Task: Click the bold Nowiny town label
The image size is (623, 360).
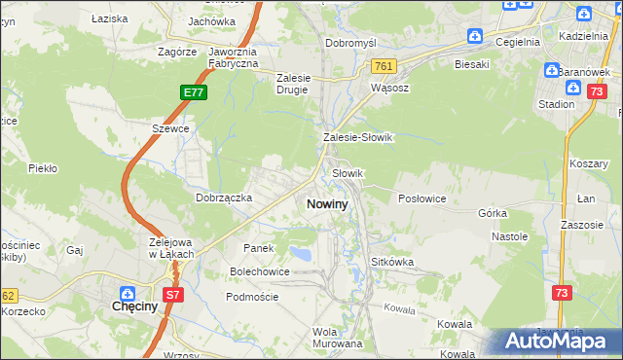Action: [x=326, y=204]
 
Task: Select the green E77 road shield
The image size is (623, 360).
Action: [x=193, y=92]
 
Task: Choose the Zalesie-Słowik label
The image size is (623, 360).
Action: [x=357, y=137]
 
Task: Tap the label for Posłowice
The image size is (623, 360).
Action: [x=421, y=198]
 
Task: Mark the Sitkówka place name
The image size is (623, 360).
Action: [x=393, y=262]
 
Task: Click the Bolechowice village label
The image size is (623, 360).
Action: [x=259, y=271]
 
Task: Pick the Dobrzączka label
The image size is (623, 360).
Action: [x=224, y=198]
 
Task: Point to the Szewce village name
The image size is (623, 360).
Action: [x=169, y=127]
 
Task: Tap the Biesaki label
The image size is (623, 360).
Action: [x=471, y=64]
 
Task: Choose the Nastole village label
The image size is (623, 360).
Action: [x=509, y=235]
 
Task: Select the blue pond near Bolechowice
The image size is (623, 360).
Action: [x=303, y=255]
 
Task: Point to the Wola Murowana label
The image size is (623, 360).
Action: [x=337, y=337]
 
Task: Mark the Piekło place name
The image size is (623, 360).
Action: [x=43, y=168]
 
